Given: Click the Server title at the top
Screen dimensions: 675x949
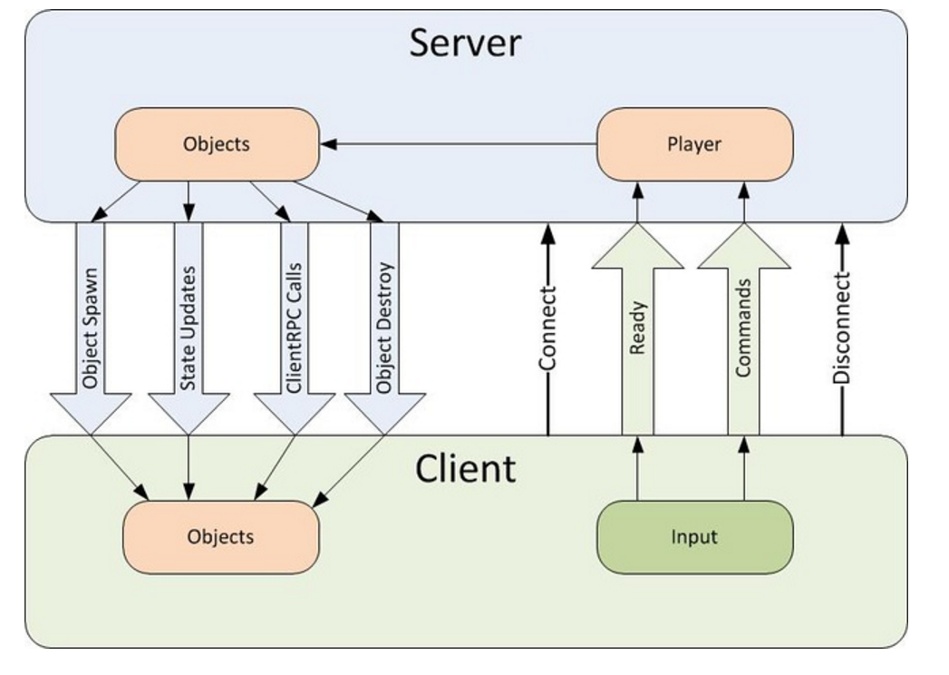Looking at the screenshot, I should [x=465, y=43].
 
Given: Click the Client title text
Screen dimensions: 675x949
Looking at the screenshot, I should [x=465, y=468].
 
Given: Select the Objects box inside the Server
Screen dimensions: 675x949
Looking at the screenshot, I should [x=217, y=144].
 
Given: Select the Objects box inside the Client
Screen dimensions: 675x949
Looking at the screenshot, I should [x=220, y=537].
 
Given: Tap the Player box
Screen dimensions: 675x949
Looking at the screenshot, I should [x=694, y=144].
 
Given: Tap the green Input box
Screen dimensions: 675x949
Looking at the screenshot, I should [x=694, y=537].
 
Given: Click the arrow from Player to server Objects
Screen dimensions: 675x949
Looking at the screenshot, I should [x=458, y=143].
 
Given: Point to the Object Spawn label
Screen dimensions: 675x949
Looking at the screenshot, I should [x=90, y=328].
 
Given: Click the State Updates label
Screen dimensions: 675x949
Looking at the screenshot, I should [x=189, y=328].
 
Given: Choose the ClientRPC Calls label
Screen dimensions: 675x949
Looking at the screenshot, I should [x=294, y=328].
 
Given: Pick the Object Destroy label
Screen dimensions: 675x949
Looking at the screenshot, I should [x=384, y=328].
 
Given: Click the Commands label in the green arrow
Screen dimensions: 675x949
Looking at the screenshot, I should [x=744, y=328].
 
